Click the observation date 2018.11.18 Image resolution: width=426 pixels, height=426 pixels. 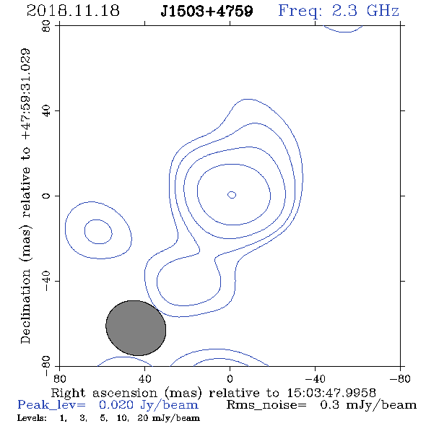[73, 11]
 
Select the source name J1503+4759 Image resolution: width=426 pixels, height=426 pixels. [207, 11]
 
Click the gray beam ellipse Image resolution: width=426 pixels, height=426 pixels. [136, 328]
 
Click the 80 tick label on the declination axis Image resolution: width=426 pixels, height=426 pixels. [46, 26]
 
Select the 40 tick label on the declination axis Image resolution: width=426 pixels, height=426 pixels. [46, 111]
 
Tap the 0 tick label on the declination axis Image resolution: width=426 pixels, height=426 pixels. [46, 196]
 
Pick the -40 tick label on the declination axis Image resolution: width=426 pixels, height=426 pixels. [46, 281]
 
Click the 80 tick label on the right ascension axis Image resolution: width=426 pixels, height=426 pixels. [59, 379]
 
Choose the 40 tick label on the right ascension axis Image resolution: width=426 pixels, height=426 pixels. [144, 379]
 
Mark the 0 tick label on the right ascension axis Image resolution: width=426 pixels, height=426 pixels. [230, 379]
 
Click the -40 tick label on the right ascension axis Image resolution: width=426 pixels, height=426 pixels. [315, 379]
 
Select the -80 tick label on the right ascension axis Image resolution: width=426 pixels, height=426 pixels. [400, 379]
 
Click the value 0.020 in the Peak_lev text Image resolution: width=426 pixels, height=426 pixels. [116, 405]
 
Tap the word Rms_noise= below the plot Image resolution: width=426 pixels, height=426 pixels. [266, 405]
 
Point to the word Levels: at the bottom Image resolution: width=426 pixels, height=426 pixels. [32, 418]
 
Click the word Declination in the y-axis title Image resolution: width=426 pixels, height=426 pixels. [25, 306]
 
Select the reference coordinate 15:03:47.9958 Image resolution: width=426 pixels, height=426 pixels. [331, 393]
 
